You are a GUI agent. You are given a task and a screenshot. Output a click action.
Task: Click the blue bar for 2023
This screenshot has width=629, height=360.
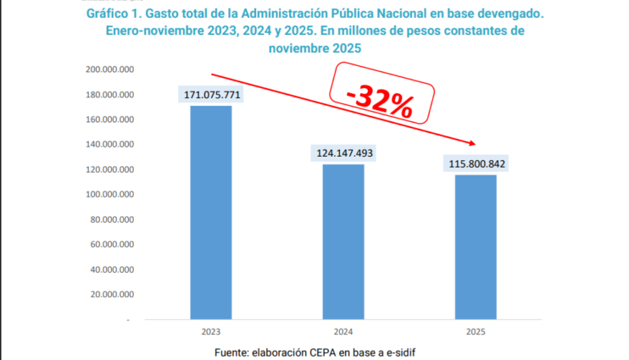point(211,212)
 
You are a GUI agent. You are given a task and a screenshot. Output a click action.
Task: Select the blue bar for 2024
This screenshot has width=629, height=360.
point(343,241)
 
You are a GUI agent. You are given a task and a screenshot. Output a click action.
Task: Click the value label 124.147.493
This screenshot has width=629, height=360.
point(343,153)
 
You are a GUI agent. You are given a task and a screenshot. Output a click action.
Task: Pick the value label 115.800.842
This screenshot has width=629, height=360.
point(475,163)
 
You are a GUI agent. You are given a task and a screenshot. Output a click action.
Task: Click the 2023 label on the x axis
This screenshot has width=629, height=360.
point(211,332)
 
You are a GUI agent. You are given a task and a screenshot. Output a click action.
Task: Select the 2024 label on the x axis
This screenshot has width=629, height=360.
point(343,332)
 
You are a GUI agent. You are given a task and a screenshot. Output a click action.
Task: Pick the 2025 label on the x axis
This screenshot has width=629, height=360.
point(475,332)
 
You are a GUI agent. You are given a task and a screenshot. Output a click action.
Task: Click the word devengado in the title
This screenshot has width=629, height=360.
point(500,14)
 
